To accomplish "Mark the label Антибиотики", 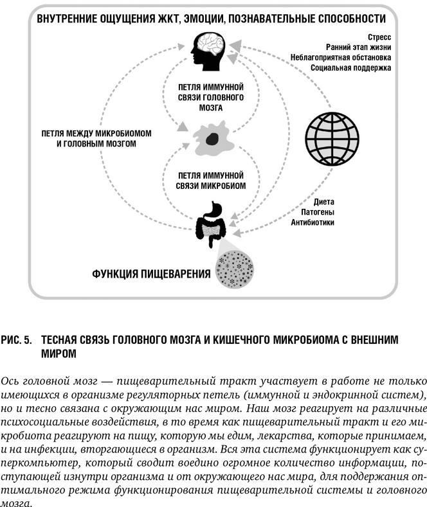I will pos(313,222).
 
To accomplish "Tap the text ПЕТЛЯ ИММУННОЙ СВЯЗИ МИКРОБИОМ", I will pos(211,179).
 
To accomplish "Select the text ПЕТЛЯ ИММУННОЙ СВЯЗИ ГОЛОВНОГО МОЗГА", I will pos(211,96).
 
